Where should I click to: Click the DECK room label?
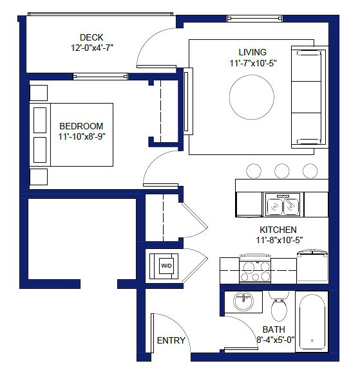coord(91,37)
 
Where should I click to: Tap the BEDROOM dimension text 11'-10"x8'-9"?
coord(82,136)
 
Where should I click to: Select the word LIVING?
coord(252,52)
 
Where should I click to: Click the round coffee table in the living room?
coord(251,97)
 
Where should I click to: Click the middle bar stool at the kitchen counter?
coord(282,171)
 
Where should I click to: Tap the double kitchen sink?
coord(283,205)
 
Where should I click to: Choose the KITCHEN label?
coord(278,230)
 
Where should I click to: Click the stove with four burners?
coord(255,269)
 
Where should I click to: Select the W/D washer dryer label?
coord(166,266)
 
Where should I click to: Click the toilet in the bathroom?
coord(279,307)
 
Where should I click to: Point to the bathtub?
coord(312,322)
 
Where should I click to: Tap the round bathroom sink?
coord(243,301)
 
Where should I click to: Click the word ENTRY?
coord(171,340)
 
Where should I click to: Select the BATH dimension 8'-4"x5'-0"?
coord(276,340)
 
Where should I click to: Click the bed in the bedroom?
coord(71,134)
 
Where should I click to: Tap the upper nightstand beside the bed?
coord(39,93)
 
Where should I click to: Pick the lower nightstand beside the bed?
coord(39,177)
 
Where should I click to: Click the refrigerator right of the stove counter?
coord(312,267)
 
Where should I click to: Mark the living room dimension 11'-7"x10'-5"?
coord(253,63)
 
